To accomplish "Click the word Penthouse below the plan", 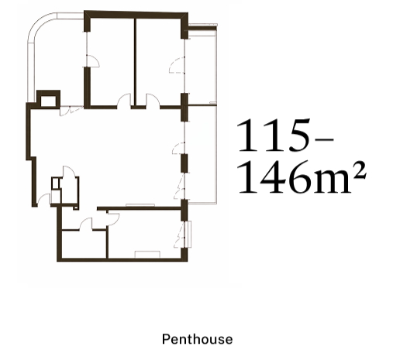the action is (x=197, y=339).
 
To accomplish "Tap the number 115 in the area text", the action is (x=273, y=135).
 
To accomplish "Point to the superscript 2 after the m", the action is (x=359, y=170).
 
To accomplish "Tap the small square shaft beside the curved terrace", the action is (x=49, y=98).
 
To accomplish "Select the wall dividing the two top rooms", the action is (x=135, y=62).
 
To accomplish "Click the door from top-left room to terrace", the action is (x=92, y=61).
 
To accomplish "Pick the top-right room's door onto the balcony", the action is (x=178, y=65).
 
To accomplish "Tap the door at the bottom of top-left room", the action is (x=124, y=100).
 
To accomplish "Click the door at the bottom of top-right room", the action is (x=153, y=100).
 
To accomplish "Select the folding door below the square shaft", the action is (x=71, y=111).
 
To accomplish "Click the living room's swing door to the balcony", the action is (x=178, y=148).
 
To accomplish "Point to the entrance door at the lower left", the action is (x=44, y=200).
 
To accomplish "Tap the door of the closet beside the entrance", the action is (x=69, y=171).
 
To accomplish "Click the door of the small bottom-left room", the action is (x=86, y=223).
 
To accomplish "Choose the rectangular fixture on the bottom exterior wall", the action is (x=147, y=255).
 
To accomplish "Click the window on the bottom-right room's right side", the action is (x=188, y=234).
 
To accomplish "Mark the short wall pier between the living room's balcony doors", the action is (x=184, y=163).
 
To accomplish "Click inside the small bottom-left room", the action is (x=84, y=244).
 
